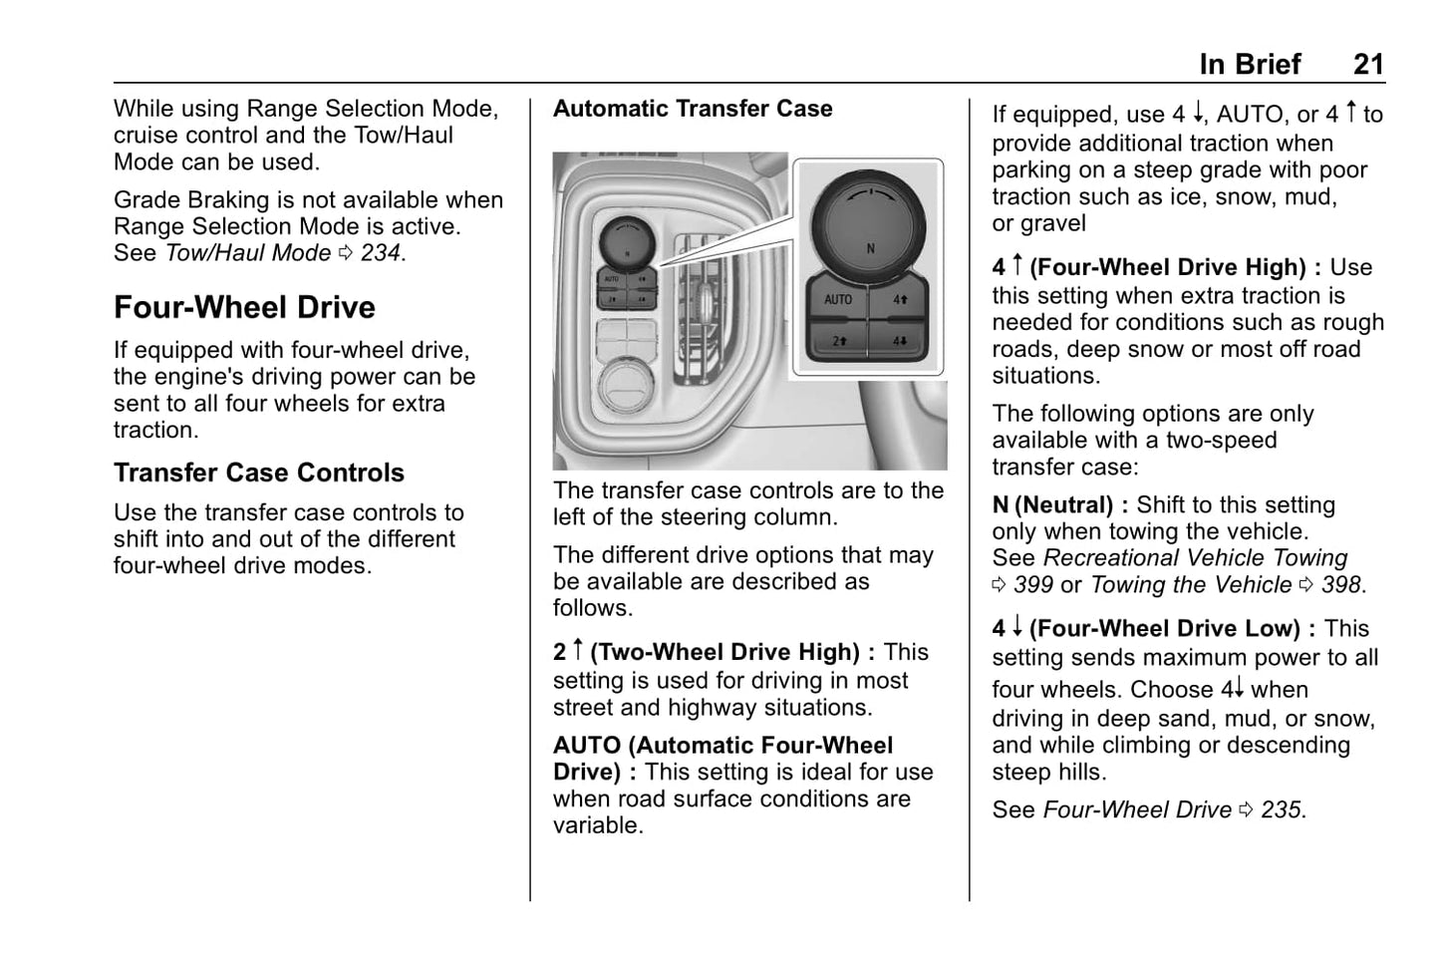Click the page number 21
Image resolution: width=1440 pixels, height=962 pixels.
tap(1367, 65)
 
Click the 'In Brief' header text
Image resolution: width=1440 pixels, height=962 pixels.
tap(1250, 65)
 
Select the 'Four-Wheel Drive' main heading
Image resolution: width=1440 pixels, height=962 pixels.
tap(244, 307)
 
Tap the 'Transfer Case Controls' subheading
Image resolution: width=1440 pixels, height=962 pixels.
tap(258, 473)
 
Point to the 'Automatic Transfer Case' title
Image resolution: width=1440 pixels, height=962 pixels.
tap(693, 109)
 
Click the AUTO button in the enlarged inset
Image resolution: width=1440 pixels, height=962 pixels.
tap(837, 299)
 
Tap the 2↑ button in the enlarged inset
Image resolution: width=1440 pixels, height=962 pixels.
tap(839, 340)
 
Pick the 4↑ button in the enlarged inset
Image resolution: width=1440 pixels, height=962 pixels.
tap(900, 299)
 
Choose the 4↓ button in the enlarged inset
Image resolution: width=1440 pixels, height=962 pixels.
tap(900, 340)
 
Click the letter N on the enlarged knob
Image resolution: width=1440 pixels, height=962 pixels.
tap(870, 248)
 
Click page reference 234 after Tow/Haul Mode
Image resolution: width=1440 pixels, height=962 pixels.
tap(381, 253)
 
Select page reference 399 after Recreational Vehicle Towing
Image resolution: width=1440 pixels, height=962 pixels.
tap(1032, 585)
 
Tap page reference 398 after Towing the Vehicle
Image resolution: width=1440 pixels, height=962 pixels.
tap(1340, 585)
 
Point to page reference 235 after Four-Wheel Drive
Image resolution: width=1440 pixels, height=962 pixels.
tap(1281, 810)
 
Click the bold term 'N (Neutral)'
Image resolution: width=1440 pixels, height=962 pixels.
tap(1052, 505)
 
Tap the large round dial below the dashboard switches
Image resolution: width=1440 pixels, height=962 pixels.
tap(625, 385)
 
